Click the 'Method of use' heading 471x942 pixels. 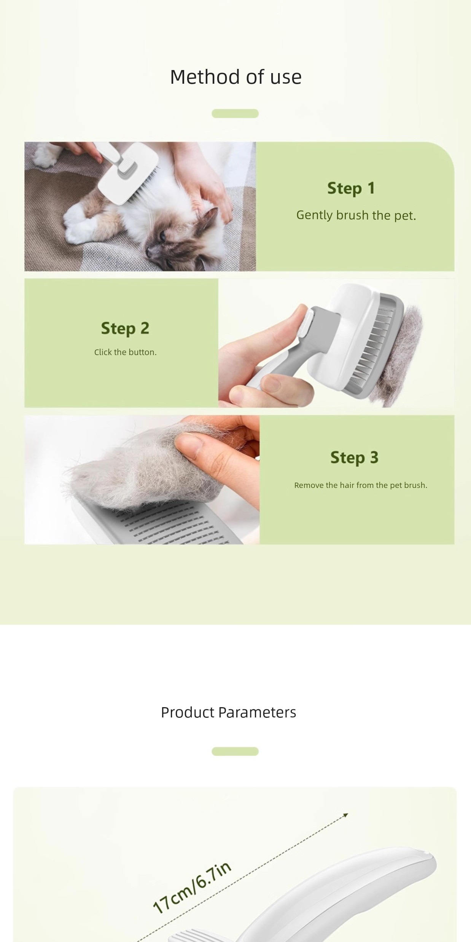point(236,77)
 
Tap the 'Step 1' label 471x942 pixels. point(351,188)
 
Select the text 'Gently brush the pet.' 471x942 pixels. point(356,215)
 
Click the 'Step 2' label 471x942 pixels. point(125,328)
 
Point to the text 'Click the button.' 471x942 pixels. point(126,352)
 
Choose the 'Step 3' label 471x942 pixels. point(354,457)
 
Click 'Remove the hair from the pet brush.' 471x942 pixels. point(361,485)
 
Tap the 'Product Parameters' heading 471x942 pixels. point(228,712)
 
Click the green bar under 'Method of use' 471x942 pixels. point(235,113)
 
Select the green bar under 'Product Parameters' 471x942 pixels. point(235,751)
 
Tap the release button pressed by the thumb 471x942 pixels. point(307,323)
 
